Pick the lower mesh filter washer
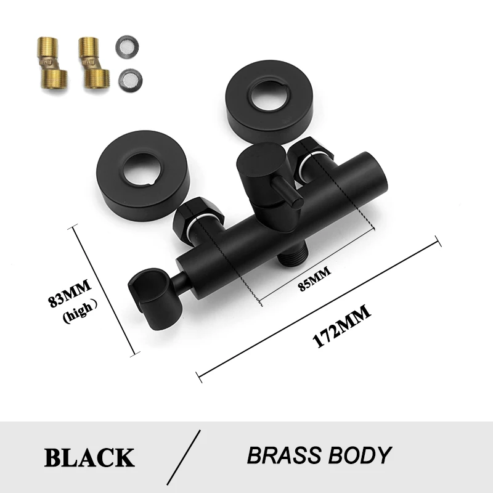pyautogui.click(x=127, y=78)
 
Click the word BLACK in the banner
pyautogui.click(x=89, y=457)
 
